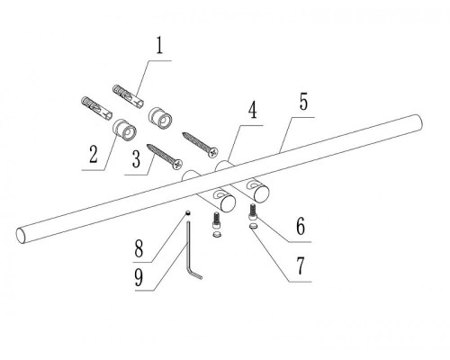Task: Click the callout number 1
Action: pos(159,46)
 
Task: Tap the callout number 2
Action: pos(94,155)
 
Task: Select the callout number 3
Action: pos(136,159)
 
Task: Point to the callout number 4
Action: pos(253,110)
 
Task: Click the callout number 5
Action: pos(303,102)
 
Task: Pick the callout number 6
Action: pos(301,226)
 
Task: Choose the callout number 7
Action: pos(301,265)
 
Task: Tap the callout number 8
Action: pos(139,248)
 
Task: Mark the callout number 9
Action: pos(139,278)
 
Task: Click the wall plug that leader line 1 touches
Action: pos(128,96)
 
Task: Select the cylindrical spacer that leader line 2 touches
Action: pos(124,130)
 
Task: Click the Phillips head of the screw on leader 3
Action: pos(178,164)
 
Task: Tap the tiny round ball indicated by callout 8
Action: pos(188,212)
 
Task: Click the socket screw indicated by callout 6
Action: pos(253,213)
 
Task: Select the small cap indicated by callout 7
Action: pos(254,227)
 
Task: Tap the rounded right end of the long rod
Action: pos(418,122)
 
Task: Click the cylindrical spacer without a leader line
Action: pos(160,119)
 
